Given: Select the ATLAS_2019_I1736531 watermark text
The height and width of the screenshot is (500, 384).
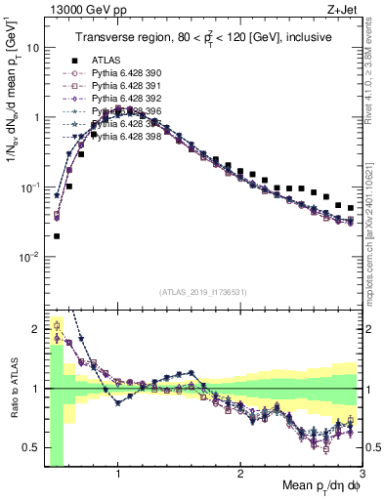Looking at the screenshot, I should tap(202, 292).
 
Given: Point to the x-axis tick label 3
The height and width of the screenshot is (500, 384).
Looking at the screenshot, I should tap(362, 475).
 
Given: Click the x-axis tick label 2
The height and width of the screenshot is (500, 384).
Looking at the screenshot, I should tap(240, 475).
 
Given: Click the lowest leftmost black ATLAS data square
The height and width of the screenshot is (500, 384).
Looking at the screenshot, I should tap(57, 235).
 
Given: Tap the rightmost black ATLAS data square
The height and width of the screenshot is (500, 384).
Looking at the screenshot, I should tap(351, 208).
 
